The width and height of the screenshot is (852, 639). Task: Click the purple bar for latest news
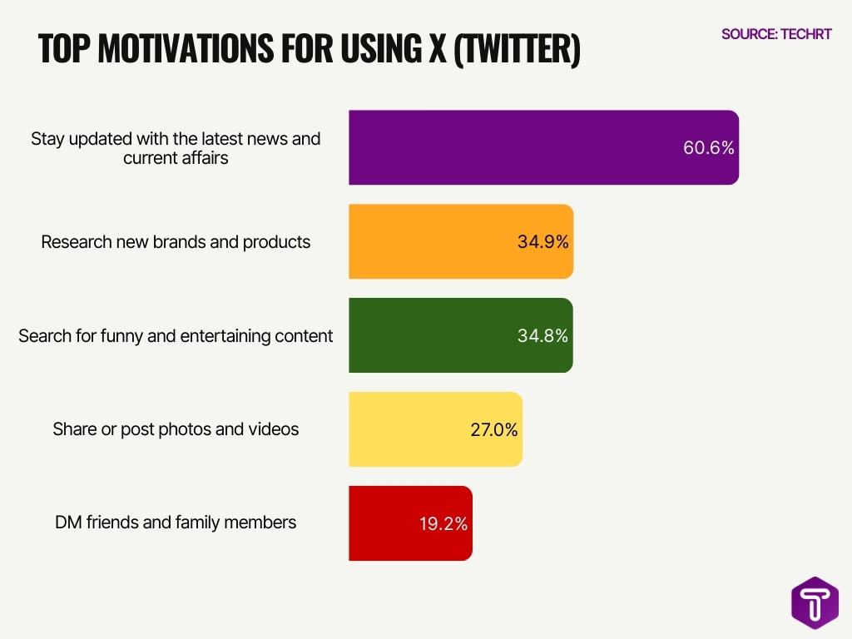[x=516, y=147]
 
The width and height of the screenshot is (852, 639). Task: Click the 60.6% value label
[x=709, y=148]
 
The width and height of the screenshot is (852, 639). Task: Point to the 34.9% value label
[x=542, y=242]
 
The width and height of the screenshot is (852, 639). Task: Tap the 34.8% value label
[x=542, y=336]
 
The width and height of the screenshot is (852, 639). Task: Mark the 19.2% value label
[x=443, y=524]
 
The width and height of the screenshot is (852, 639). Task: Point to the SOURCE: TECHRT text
[x=776, y=34]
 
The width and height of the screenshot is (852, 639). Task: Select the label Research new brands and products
[x=176, y=242]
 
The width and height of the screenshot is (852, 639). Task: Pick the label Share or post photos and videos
[x=176, y=429]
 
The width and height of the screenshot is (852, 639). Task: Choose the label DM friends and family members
[x=176, y=523]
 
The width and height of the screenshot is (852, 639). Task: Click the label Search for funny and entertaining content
[x=176, y=335]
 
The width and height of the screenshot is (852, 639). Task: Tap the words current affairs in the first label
[x=176, y=157]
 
